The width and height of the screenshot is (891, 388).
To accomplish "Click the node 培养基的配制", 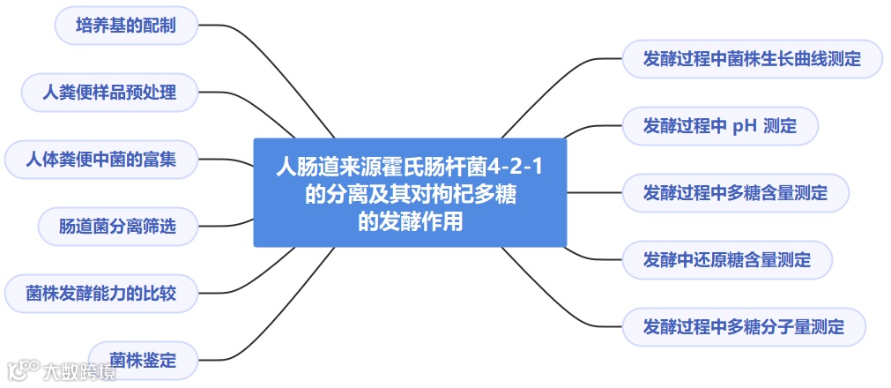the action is (x=126, y=26).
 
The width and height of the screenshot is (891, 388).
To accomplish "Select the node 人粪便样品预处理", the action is (x=110, y=92).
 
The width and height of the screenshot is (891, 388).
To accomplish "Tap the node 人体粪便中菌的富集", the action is (x=101, y=160).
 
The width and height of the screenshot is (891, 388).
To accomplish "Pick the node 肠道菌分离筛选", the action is (x=117, y=227).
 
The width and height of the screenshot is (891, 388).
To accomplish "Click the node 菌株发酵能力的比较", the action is (x=101, y=294).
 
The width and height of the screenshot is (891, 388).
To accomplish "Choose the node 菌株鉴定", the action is (x=143, y=361).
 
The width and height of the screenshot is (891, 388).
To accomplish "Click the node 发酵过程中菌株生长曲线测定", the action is (x=752, y=59).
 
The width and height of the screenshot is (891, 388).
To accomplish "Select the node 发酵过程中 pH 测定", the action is (x=720, y=126).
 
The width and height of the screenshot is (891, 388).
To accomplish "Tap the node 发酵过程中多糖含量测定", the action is (x=735, y=193).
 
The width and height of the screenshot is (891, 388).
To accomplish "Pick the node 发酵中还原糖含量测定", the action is (x=727, y=260).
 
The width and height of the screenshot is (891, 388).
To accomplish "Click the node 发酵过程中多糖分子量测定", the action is (x=743, y=327).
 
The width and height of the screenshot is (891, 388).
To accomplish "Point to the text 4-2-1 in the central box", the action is (x=516, y=166).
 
